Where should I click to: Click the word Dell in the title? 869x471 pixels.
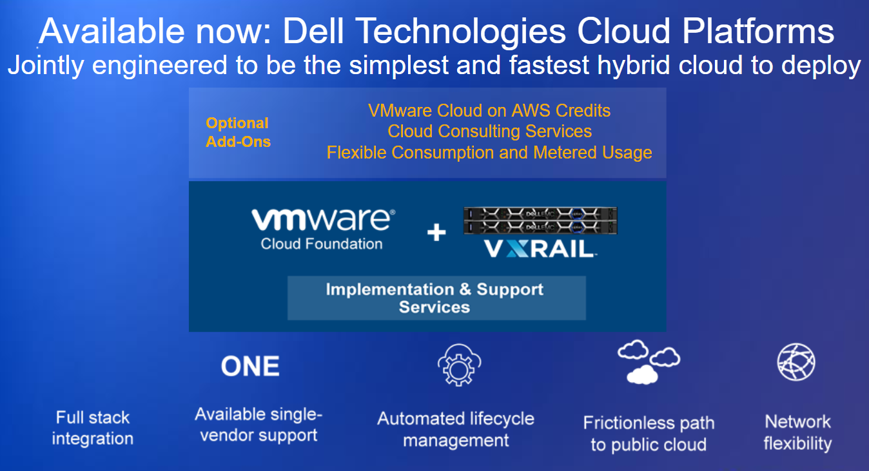pos(313,31)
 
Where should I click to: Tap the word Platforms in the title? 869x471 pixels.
pos(758,31)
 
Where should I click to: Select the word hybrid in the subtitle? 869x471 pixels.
pos(634,65)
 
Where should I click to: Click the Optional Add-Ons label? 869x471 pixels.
pos(238,132)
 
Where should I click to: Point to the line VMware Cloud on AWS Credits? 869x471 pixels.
pos(489,110)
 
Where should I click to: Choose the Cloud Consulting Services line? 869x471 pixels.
pos(489,131)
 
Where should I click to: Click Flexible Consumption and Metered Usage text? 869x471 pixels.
pos(489,152)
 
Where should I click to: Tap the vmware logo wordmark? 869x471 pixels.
pos(323,220)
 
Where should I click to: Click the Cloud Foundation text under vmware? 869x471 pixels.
pos(322,244)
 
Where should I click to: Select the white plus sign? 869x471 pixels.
pos(436,232)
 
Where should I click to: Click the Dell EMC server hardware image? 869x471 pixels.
pos(540,220)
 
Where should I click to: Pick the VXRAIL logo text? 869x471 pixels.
pos(540,249)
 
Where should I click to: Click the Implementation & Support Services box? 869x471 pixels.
pos(436,298)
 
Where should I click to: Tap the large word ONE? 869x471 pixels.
pos(250,367)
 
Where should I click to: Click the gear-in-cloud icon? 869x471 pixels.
pos(460,365)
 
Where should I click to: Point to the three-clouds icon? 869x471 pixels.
pos(649,362)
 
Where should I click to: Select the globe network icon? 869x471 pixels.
pos(796,362)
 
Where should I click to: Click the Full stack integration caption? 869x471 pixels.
pos(93,428)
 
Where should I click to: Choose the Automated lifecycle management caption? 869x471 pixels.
pos(456,430)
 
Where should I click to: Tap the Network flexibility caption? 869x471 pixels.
pos(797,432)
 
